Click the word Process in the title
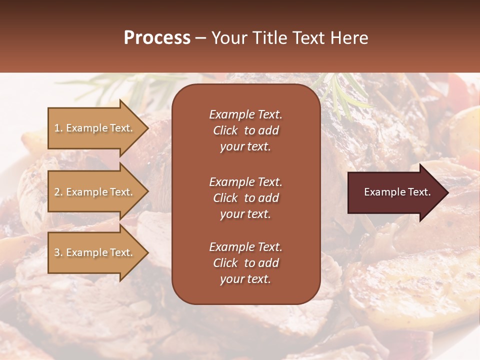click(x=157, y=38)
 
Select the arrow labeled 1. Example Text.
click(x=94, y=128)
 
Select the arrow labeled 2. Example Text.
click(x=94, y=192)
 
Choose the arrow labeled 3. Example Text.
click(x=94, y=252)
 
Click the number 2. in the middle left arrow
click(x=58, y=192)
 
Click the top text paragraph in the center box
click(x=245, y=130)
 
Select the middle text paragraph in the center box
click(x=245, y=198)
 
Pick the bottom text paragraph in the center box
click(x=245, y=263)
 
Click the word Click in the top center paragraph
click(x=225, y=130)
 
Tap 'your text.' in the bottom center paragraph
click(x=245, y=279)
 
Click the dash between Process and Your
click(x=201, y=38)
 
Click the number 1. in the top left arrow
click(x=58, y=128)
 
